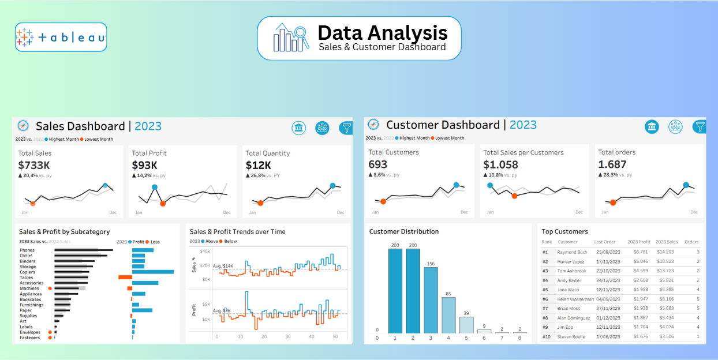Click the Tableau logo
(61, 37)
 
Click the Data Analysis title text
(382, 32)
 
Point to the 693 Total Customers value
(378, 164)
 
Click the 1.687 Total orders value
(612, 164)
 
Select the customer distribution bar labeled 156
(431, 301)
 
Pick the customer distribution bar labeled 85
(448, 315)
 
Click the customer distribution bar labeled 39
(466, 325)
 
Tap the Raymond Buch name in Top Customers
(572, 252)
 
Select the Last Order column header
(605, 242)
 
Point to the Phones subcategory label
(27, 250)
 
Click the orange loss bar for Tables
(125, 277)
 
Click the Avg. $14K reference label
(223, 266)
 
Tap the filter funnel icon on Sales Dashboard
(346, 128)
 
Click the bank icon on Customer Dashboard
(652, 127)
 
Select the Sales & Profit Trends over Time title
(237, 232)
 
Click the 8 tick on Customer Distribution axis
(519, 337)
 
